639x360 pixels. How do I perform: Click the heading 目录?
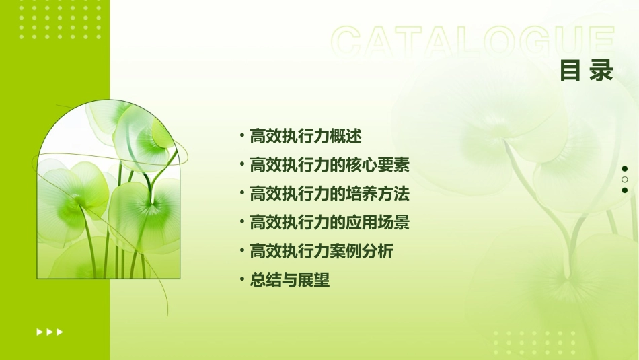coord(587,70)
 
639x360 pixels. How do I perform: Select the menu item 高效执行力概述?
coord(305,137)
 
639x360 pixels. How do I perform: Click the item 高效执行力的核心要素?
coord(330,166)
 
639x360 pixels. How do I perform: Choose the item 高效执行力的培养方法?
coord(330,194)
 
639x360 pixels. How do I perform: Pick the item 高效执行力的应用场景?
coord(330,223)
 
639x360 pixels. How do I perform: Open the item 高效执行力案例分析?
coord(322,252)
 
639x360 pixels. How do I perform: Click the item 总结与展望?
coord(290,281)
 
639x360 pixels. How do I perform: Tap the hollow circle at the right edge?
coord(625,180)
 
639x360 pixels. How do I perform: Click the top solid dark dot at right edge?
coord(625,169)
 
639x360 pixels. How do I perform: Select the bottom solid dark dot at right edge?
coord(625,190)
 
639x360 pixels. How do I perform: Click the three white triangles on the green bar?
coord(50,332)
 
